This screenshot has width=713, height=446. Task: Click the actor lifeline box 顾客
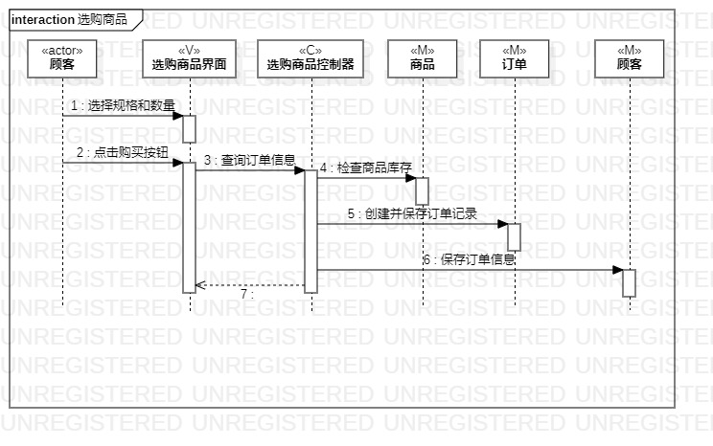tap(62, 57)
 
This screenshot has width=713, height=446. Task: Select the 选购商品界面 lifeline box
tap(189, 57)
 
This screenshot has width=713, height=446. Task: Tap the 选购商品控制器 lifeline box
tap(310, 57)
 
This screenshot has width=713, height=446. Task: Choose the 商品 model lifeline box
tap(422, 57)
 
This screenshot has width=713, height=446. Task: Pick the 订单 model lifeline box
tap(514, 57)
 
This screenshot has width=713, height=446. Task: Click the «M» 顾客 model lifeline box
tap(630, 57)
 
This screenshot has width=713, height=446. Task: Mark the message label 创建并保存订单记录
tap(412, 213)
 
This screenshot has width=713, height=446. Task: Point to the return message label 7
tap(246, 295)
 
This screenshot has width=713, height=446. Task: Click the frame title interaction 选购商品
tap(69, 19)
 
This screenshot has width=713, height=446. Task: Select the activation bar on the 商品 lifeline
tap(422, 190)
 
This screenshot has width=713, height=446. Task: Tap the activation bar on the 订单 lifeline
tap(514, 236)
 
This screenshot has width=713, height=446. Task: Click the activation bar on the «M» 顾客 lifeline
tap(630, 282)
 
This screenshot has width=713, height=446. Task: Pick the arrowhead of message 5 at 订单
tap(502, 224)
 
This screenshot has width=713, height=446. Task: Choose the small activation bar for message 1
tap(189, 128)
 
